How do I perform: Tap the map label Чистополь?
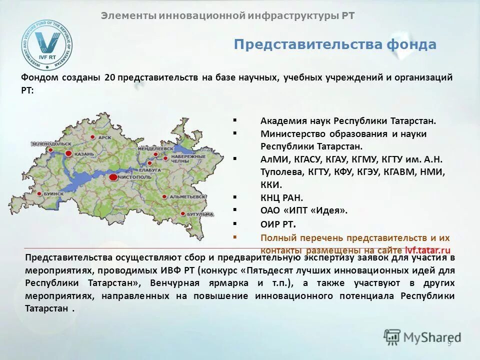tap(135, 177)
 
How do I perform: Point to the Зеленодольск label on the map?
tap(51, 143)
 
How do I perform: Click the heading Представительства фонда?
tap(335, 44)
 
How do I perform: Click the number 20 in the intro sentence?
tap(110, 77)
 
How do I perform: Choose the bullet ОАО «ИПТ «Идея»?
tap(303, 210)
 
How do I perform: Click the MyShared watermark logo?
tap(422, 336)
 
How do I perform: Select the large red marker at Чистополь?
tap(113, 177)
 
